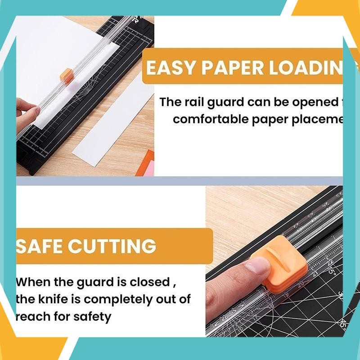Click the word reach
[x=32, y=316]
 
